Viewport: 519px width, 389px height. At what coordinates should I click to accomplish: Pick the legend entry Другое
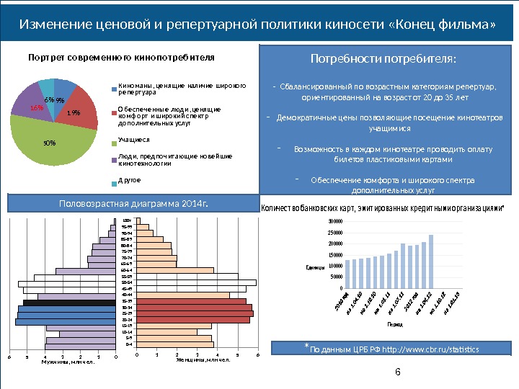129,179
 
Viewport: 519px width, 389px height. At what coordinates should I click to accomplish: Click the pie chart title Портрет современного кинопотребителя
121,57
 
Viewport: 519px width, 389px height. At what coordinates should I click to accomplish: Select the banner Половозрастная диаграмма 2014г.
133,204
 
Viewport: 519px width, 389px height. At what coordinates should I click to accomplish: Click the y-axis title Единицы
316,267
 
